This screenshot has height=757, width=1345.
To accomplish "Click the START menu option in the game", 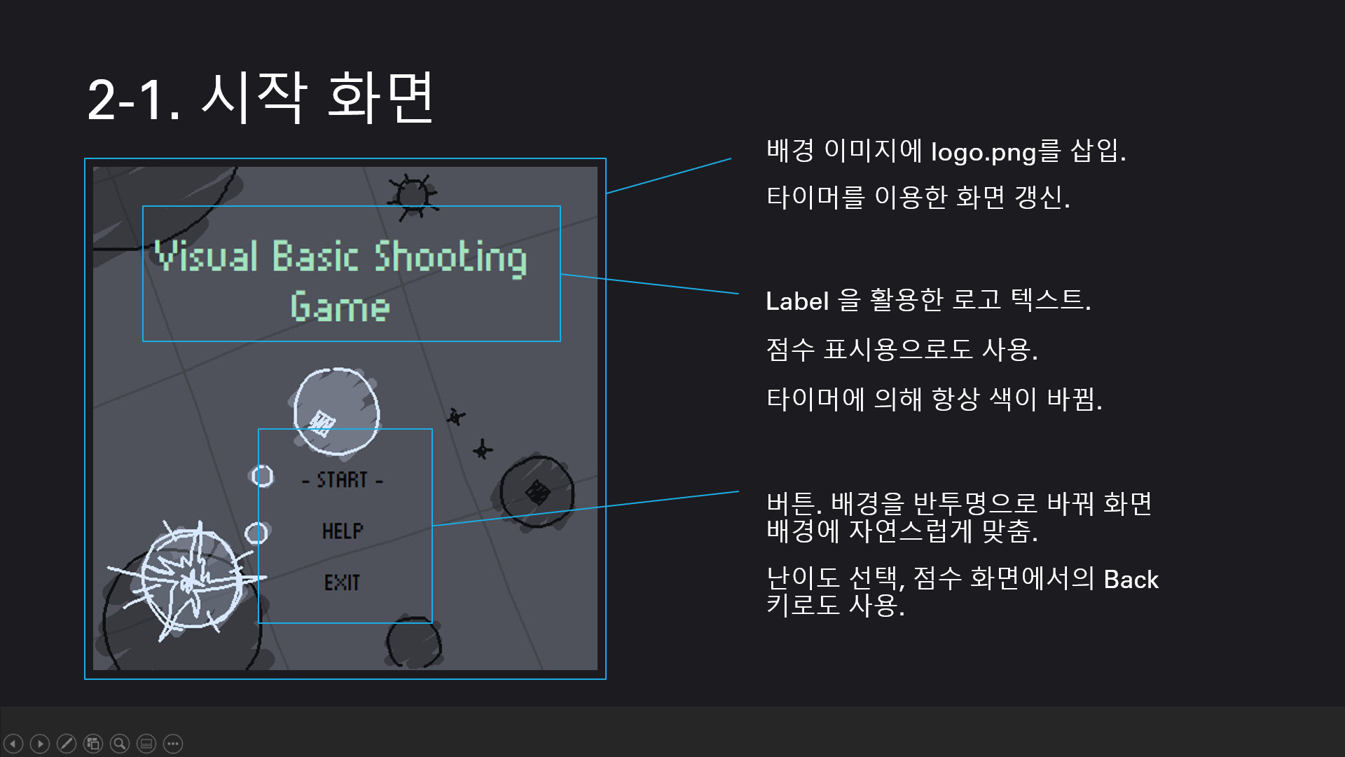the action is click(342, 480).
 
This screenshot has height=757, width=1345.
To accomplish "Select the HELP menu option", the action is click(343, 531).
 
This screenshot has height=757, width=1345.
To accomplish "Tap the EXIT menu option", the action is click(342, 582).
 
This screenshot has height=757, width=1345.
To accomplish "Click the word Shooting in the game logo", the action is click(450, 257).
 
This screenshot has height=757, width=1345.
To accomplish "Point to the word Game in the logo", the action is click(340, 307).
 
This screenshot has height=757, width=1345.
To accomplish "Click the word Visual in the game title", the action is click(207, 255).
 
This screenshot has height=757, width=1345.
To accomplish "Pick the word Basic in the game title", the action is click(315, 256).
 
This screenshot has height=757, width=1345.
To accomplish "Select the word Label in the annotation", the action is click(797, 301).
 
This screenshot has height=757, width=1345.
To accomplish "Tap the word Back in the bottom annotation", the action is click(1131, 580).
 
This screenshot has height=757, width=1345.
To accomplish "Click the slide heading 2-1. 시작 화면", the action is click(261, 98).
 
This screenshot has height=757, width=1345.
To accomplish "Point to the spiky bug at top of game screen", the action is click(413, 194).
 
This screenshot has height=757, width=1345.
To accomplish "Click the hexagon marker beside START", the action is click(262, 476).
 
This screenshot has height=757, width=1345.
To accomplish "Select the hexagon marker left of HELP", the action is click(256, 533).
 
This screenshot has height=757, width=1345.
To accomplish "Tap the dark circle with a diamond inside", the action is click(537, 491).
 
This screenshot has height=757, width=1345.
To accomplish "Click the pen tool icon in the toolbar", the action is click(67, 743).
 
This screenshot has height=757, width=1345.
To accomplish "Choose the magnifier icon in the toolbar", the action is click(120, 743).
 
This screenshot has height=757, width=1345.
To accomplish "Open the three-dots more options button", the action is click(173, 743).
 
